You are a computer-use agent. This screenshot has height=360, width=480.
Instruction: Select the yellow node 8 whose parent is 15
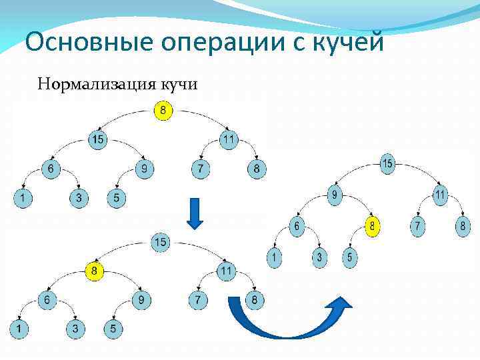[x=96, y=271]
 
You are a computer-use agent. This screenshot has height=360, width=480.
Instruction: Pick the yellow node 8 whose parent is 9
[x=374, y=227]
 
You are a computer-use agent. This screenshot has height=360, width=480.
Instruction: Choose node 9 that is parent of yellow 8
[x=333, y=196]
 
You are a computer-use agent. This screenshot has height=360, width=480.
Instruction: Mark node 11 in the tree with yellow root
[x=228, y=140]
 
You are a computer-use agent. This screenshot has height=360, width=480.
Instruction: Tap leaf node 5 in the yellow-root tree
[x=117, y=198]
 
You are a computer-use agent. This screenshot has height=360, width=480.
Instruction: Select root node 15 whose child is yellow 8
[x=161, y=242]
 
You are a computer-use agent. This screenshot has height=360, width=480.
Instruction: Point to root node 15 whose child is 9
[x=387, y=163]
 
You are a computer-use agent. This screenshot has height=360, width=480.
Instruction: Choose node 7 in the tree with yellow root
[x=198, y=169]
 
